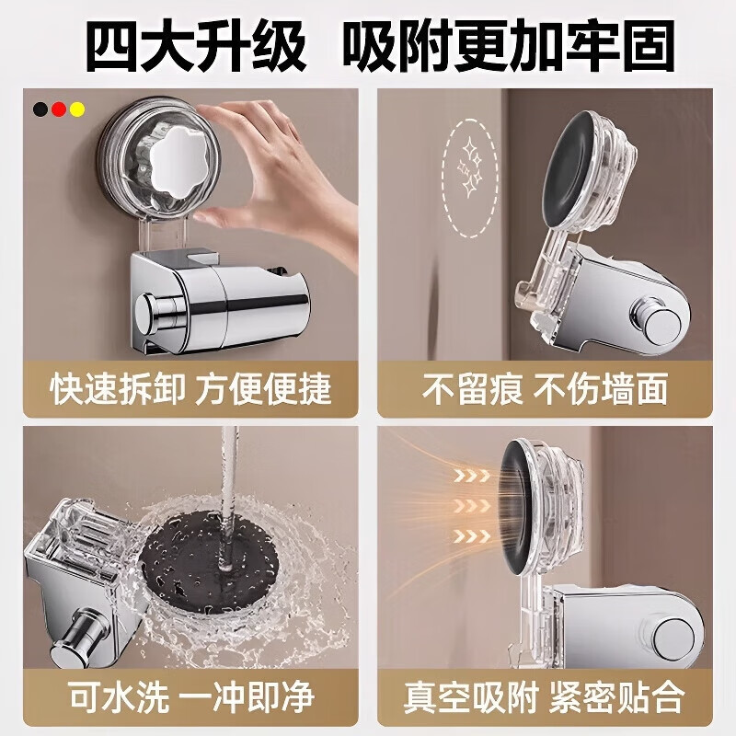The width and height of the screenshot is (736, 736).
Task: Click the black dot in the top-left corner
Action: [40, 109]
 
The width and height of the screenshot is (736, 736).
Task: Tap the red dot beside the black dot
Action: [58, 109]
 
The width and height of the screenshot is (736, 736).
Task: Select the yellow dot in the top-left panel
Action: [77, 109]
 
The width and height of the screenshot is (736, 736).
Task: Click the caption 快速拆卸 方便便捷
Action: [190, 388]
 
